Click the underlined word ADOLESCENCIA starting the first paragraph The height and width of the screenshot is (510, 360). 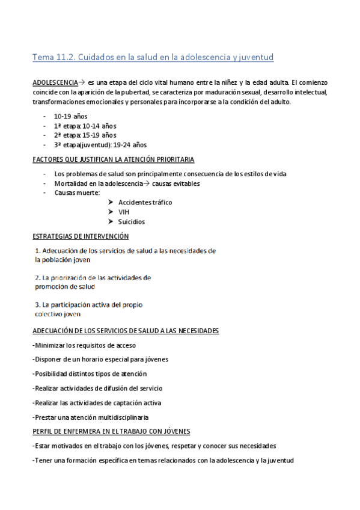pos(55,82)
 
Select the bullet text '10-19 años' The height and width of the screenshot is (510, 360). pos(70,116)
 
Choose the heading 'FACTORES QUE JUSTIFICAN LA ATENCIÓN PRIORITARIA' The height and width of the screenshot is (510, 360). pos(113,159)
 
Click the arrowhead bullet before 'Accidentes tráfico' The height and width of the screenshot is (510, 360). pos(111,203)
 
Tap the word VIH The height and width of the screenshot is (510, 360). pos(124,212)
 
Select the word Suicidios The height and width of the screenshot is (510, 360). pos(132,222)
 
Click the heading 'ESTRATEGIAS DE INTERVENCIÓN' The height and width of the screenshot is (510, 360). pos(81,236)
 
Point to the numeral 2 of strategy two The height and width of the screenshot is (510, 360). pos(37,278)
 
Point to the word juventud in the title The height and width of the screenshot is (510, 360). pos(252,57)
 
